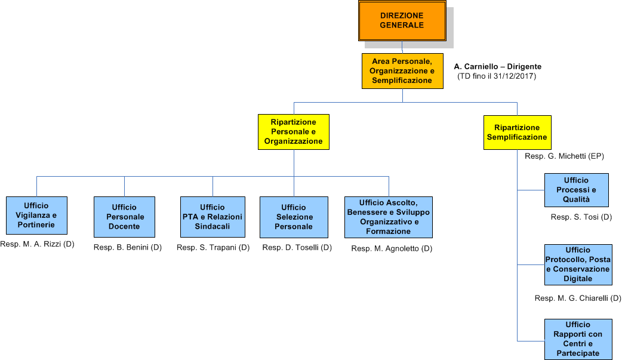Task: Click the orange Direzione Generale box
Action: (x=402, y=20)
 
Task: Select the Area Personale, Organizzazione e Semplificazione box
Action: (x=402, y=71)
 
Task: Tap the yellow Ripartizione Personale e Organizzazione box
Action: (x=294, y=132)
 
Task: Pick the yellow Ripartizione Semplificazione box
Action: (x=517, y=132)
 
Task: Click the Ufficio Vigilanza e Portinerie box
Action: (x=36, y=215)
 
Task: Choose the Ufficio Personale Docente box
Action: (x=125, y=217)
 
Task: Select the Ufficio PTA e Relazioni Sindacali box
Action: (x=213, y=217)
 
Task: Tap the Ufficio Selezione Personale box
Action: (x=294, y=217)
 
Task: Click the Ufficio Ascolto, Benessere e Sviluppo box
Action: (x=389, y=217)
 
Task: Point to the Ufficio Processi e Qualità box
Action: (x=576, y=190)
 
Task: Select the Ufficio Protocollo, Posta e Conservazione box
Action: (x=578, y=264)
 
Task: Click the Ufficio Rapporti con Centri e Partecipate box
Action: (x=578, y=339)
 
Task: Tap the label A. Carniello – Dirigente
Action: (x=498, y=67)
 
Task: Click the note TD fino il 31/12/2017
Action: (x=497, y=76)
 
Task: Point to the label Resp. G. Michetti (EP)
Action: (x=564, y=156)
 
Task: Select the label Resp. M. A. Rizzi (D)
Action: (x=37, y=244)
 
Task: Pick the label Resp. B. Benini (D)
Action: (x=128, y=247)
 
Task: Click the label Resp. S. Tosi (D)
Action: (x=581, y=217)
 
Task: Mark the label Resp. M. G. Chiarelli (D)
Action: (x=578, y=298)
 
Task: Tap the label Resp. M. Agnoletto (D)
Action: (x=392, y=248)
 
